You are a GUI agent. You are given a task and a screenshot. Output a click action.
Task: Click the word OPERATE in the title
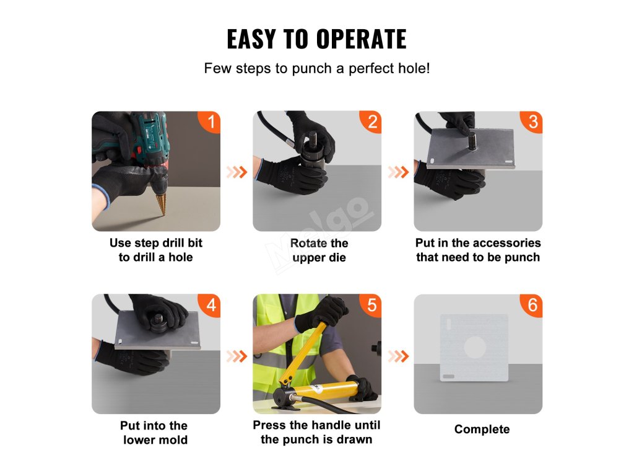click(x=361, y=39)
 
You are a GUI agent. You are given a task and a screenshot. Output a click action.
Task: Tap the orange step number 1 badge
click(x=210, y=121)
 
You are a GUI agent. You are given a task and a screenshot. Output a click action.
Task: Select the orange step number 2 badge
click(x=371, y=121)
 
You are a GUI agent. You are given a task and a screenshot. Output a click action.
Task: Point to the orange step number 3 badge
click(x=532, y=121)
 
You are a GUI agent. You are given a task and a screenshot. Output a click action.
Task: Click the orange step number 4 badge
click(x=210, y=305)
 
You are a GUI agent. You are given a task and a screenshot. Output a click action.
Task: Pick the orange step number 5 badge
click(x=371, y=305)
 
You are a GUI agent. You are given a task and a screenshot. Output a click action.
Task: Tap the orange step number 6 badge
click(x=532, y=305)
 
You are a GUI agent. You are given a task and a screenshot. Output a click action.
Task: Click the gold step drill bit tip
click(x=163, y=214)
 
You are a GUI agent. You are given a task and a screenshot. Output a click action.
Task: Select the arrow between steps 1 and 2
click(x=237, y=172)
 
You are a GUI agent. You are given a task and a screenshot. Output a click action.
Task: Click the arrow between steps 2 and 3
click(x=398, y=172)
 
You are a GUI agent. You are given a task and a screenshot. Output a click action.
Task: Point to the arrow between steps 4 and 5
click(x=237, y=356)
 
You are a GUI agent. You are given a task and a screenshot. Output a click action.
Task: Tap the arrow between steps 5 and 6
click(x=398, y=356)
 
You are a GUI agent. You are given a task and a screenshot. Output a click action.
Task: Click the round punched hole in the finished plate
click(x=475, y=347)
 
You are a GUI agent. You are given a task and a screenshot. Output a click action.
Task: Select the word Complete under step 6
click(x=482, y=429)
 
